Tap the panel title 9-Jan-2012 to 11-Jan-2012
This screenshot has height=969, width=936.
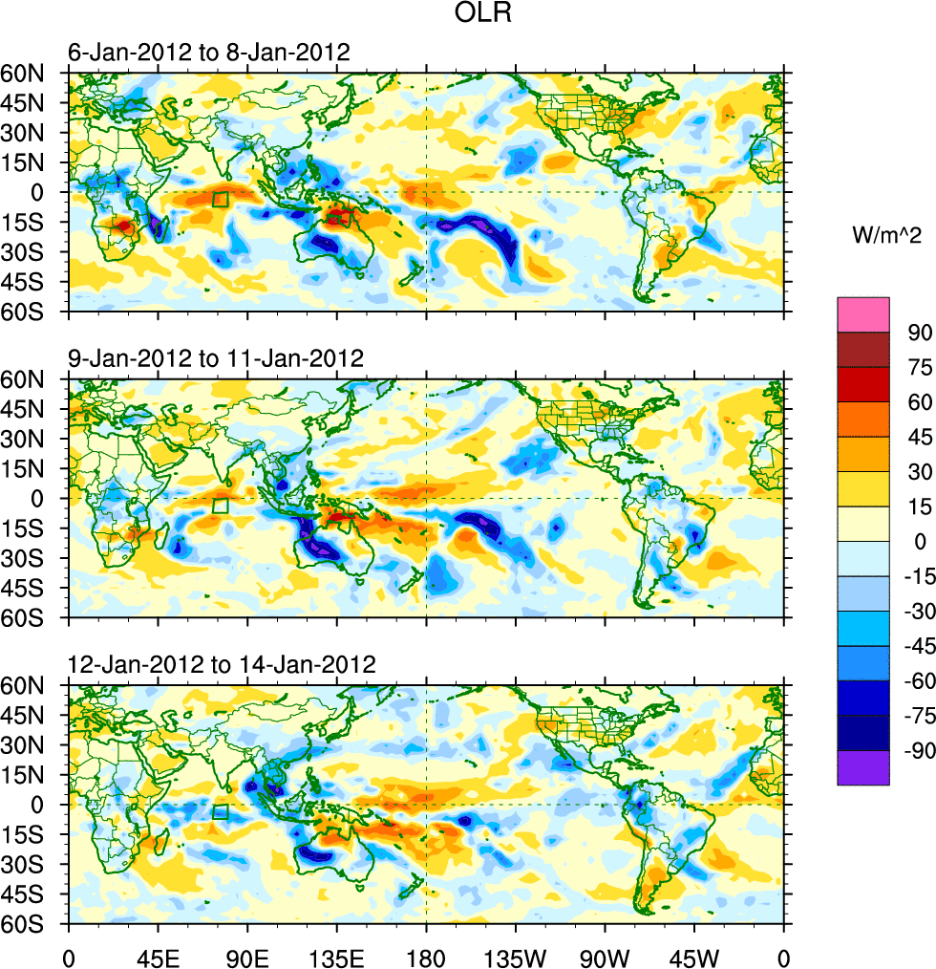[216, 359]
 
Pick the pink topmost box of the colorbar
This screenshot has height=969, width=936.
[863, 313]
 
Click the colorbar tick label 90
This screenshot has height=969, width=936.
[918, 332]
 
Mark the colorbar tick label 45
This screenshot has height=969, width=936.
[918, 437]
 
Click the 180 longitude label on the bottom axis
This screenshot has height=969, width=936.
[426, 956]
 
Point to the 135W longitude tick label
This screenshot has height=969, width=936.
[515, 956]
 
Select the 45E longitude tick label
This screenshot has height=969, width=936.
[158, 956]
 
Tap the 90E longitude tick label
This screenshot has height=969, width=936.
[247, 956]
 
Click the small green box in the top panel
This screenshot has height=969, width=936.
[220, 200]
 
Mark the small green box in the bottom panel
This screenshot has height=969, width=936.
[220, 812]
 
